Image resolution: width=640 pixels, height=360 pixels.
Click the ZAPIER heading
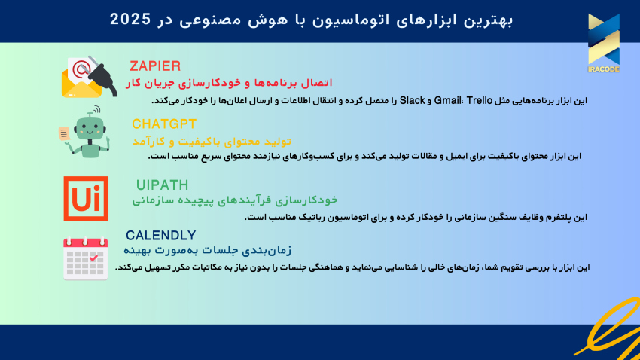coord(155,66)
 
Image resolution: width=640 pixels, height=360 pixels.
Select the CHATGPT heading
coord(163,124)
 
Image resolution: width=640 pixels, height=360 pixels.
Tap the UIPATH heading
coord(163,185)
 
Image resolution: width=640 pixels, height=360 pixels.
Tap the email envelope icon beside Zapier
coord(81,78)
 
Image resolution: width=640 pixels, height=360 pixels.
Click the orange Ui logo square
coord(85,198)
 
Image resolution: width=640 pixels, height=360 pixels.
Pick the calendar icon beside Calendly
coord(85,258)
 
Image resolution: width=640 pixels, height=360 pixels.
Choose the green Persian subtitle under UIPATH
coord(235,200)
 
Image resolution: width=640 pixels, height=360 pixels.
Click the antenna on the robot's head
coord(90,115)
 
